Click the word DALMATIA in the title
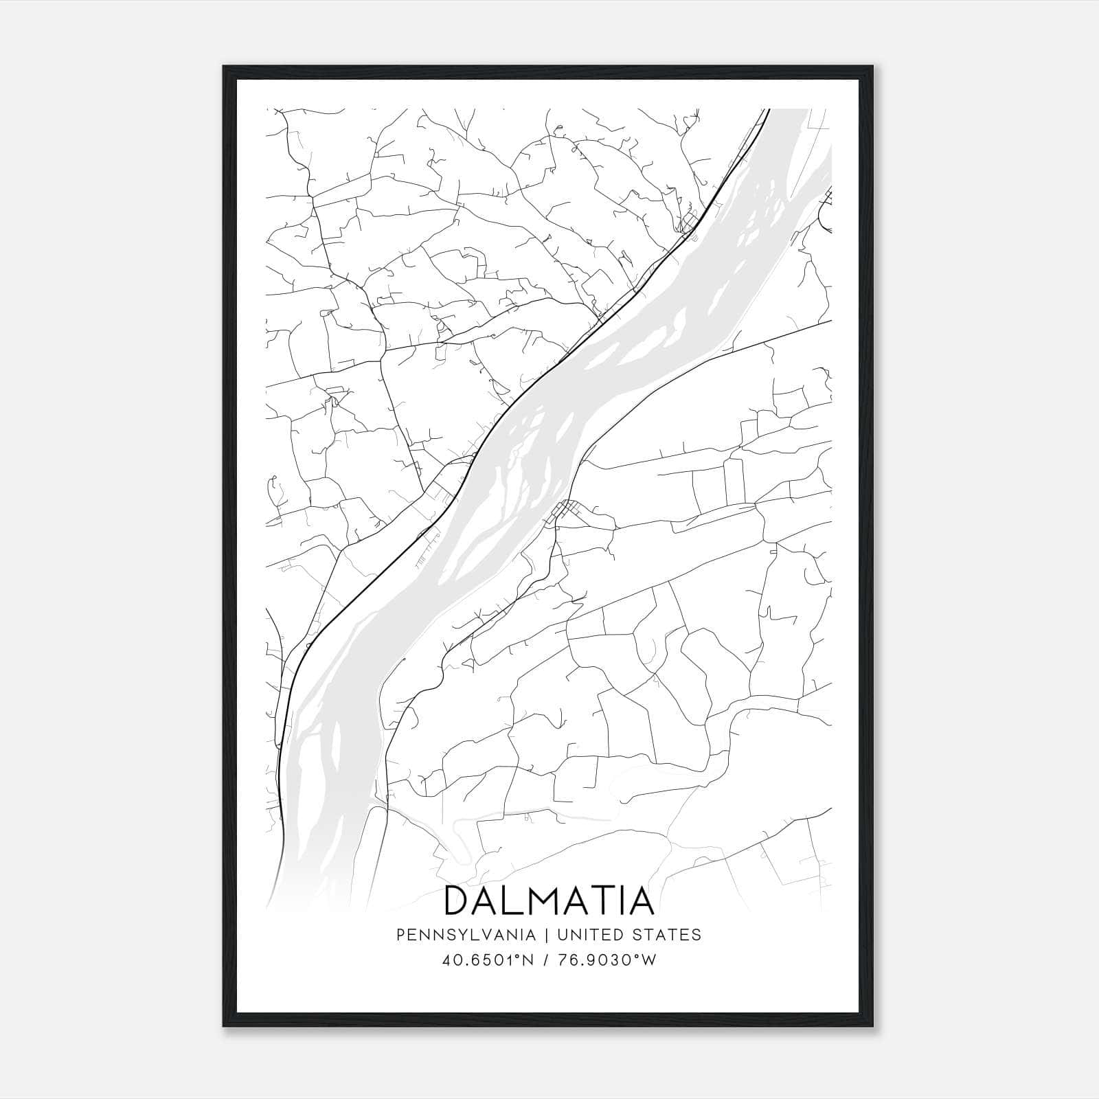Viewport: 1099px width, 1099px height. [549, 901]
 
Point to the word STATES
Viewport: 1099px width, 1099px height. [666, 935]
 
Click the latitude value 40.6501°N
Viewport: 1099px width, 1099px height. [486, 960]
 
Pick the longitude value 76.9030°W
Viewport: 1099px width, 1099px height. [604, 960]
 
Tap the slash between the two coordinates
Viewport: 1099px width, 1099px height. [545, 960]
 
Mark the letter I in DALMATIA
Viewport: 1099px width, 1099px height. [622, 901]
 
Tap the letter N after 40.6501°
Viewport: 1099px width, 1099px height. [528, 960]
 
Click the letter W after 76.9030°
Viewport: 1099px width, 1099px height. [649, 960]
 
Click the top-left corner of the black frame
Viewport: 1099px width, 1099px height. [224, 67]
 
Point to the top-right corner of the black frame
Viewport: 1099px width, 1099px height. [873, 67]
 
